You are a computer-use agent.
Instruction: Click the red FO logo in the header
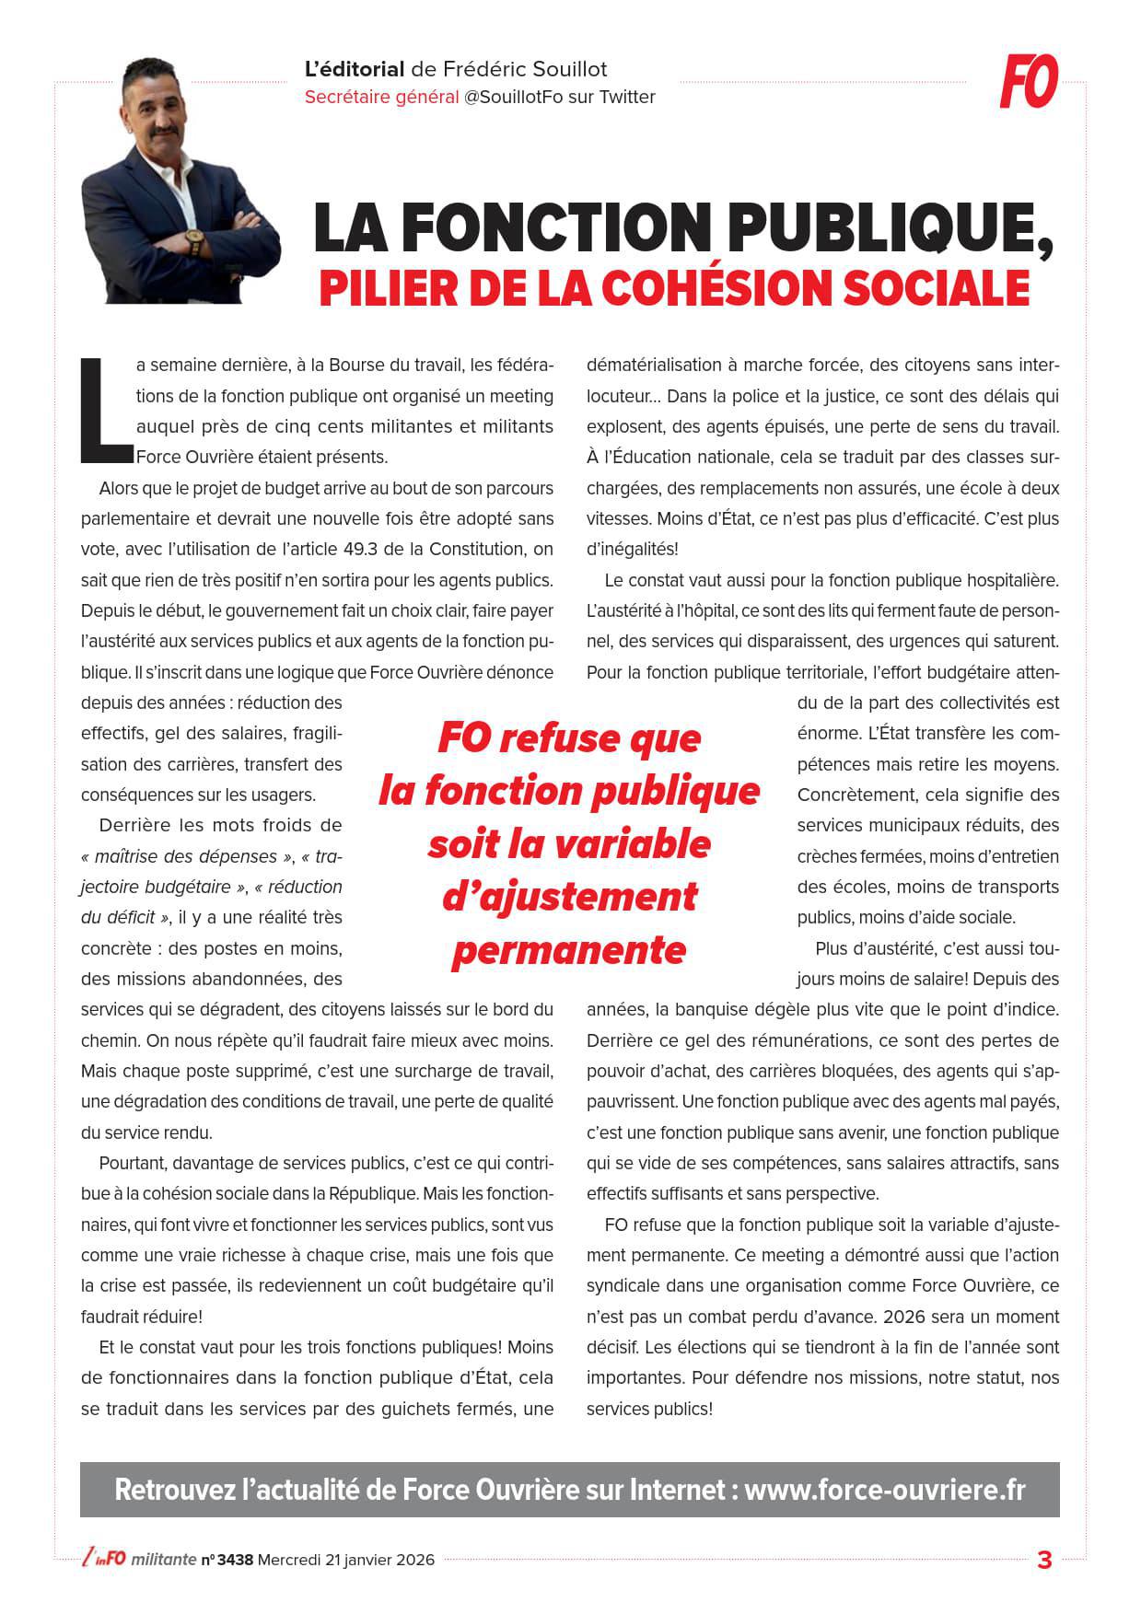coord(1029,82)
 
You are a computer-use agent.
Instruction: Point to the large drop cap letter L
coord(104,410)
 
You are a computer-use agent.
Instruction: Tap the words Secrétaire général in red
coord(381,98)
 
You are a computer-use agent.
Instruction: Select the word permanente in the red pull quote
coord(568,949)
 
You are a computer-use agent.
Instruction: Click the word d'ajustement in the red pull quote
coord(569,896)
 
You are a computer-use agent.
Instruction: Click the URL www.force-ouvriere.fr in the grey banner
coord(884,1489)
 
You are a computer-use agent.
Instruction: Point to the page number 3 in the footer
coord(1044,1561)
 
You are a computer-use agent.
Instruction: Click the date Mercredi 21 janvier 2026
coord(346,1560)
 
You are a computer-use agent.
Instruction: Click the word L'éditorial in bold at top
coord(355,70)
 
